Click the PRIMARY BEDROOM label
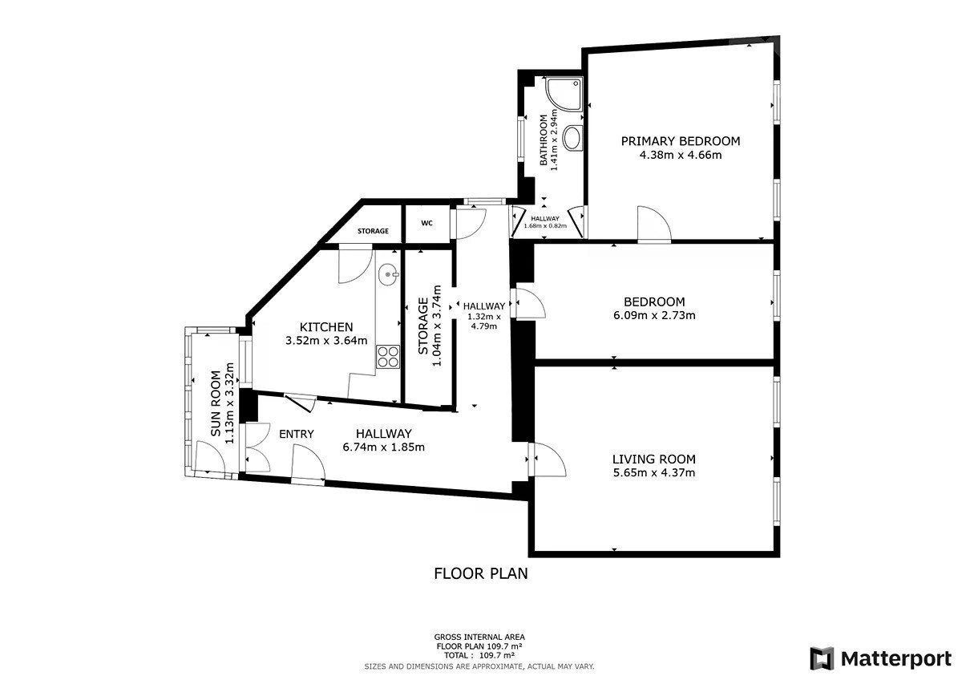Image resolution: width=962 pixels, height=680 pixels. click(681, 141)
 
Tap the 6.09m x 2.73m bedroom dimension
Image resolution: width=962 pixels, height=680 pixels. click(654, 315)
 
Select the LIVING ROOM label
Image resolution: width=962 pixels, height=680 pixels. click(653, 459)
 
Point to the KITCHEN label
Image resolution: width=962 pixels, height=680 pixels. click(326, 327)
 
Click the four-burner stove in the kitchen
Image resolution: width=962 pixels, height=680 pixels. click(388, 357)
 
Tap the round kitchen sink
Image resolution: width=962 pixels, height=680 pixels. click(388, 275)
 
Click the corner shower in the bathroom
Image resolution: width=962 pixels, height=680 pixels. click(564, 94)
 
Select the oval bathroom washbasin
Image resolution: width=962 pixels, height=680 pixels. click(572, 137)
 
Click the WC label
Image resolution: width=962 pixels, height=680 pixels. click(426, 224)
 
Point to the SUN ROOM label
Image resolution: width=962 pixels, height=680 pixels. click(216, 404)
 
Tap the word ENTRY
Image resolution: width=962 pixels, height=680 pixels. click(297, 434)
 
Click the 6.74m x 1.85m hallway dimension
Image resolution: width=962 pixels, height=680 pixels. click(383, 447)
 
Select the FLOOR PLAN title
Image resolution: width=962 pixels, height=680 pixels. click(480, 573)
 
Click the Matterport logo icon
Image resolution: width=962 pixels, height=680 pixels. click(822, 658)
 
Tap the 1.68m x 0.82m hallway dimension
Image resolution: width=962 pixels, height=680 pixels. click(545, 226)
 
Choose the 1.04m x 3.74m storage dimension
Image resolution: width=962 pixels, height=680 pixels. click(437, 326)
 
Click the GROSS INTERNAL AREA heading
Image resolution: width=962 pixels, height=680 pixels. click(479, 637)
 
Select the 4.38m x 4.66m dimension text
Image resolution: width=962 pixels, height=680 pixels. click(681, 155)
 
